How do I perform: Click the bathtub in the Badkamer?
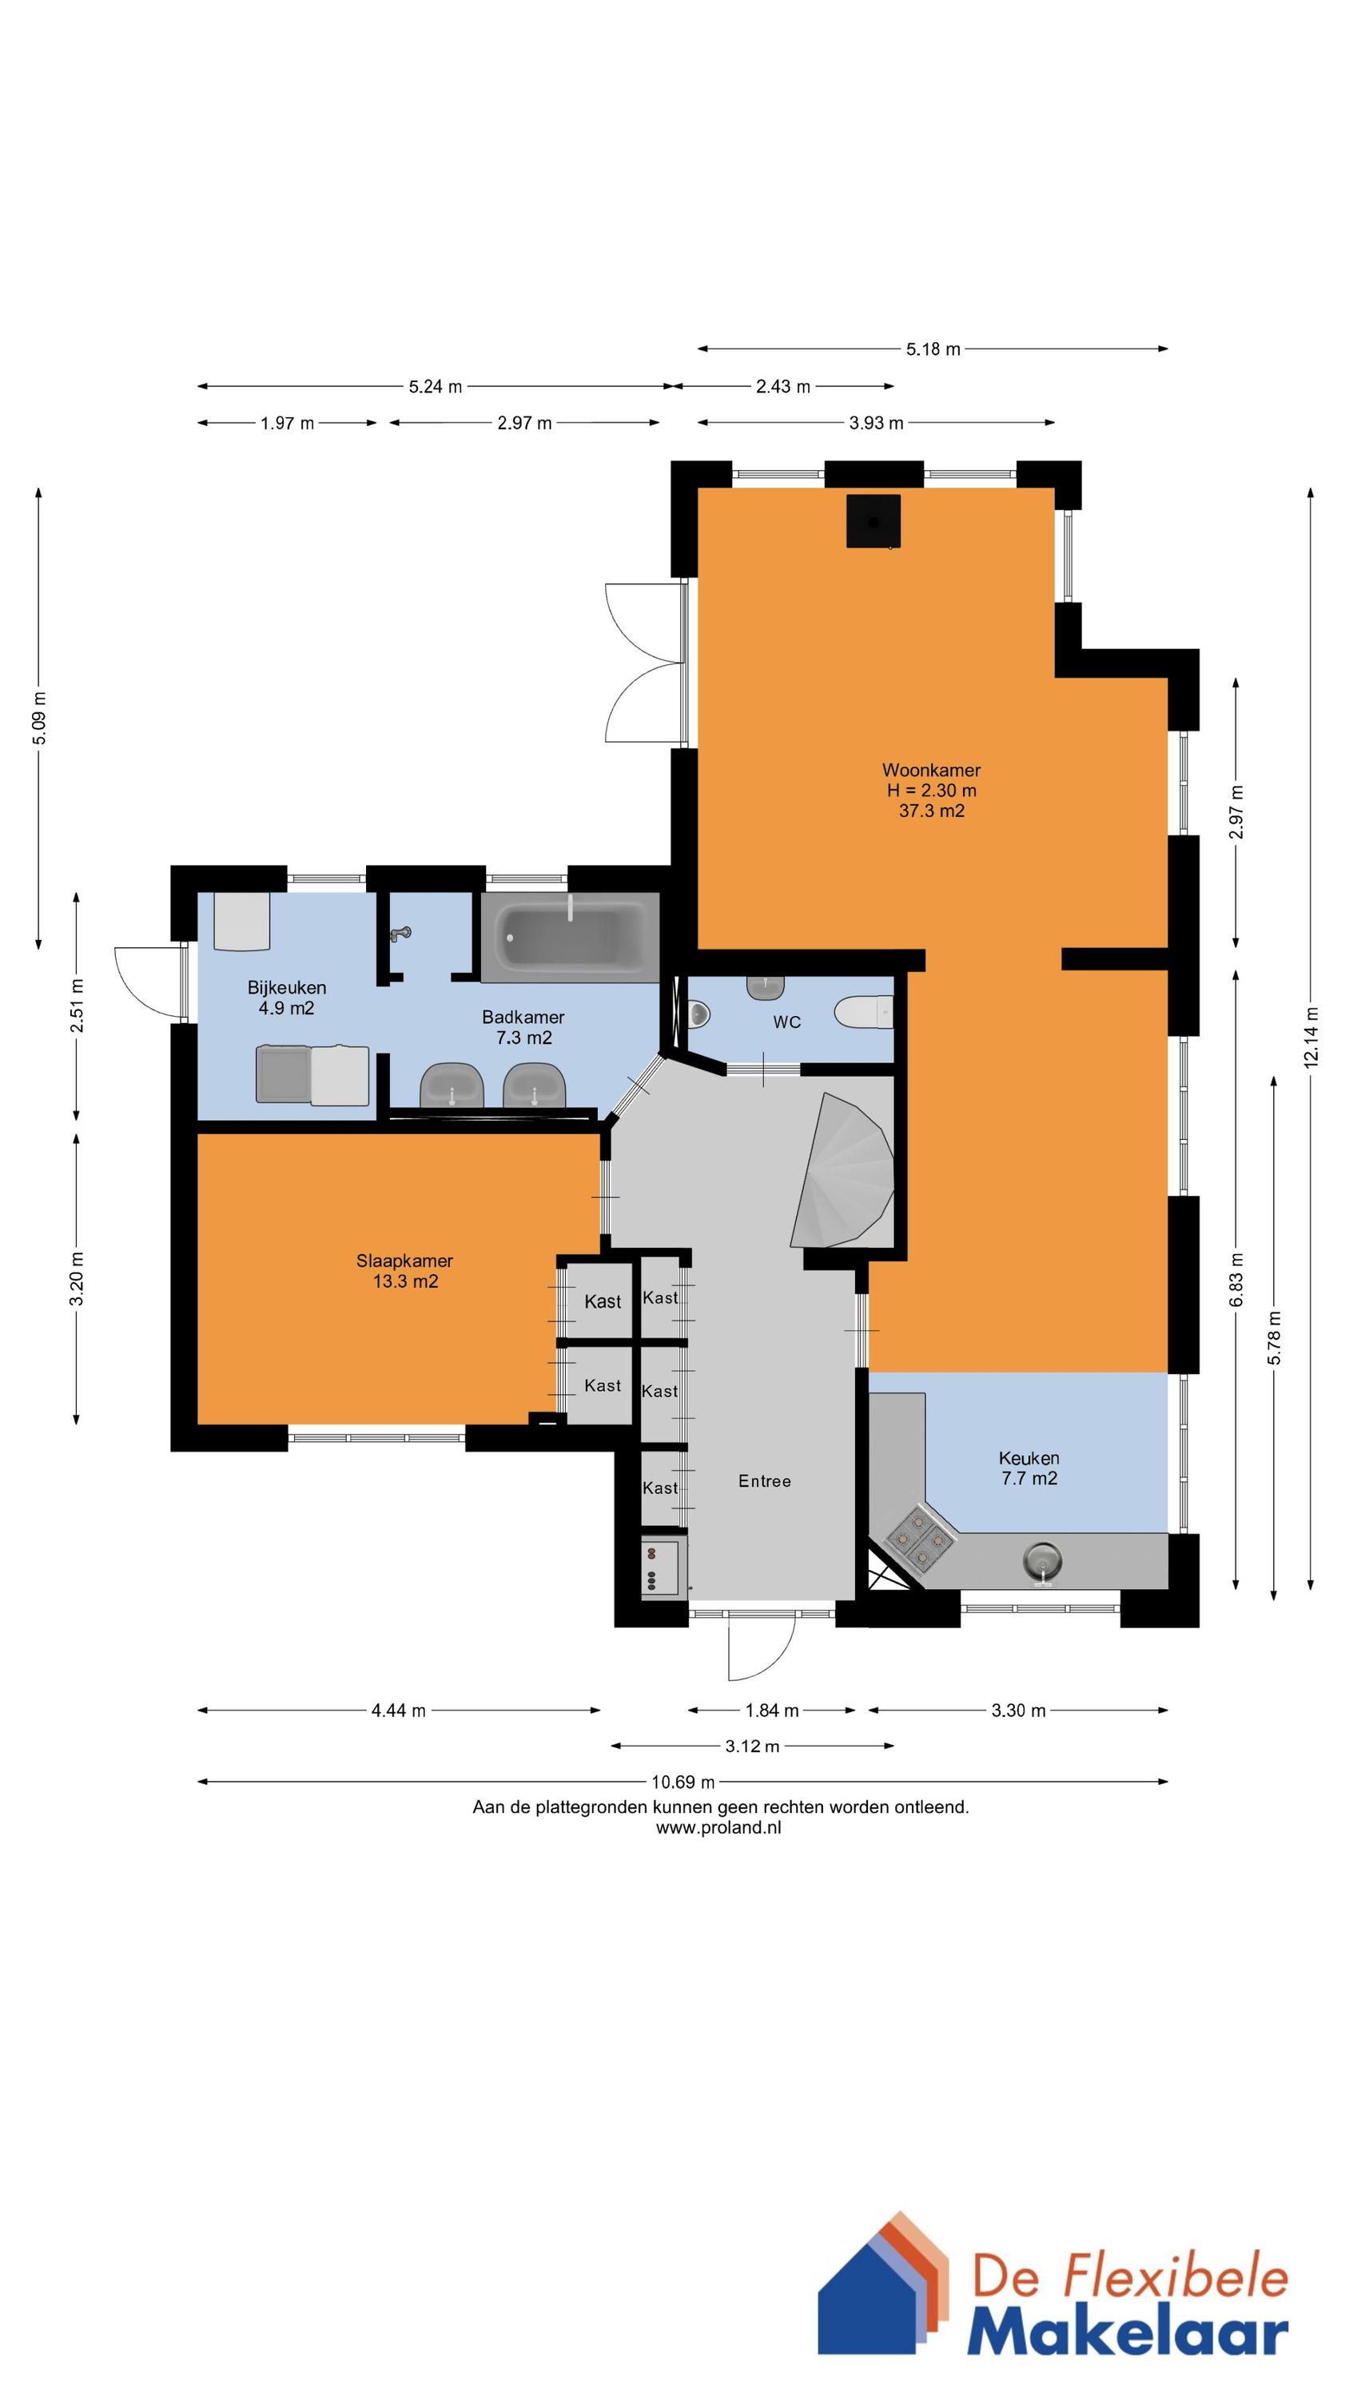click(571, 938)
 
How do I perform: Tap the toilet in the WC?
click(863, 1012)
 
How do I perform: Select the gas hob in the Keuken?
click(919, 1540)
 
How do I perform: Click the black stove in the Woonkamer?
click(873, 521)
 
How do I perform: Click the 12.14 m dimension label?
click(1311, 1036)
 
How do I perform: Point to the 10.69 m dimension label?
click(683, 1782)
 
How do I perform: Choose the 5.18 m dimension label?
click(933, 349)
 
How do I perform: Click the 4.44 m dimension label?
click(399, 1710)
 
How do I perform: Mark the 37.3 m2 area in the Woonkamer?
click(931, 811)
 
